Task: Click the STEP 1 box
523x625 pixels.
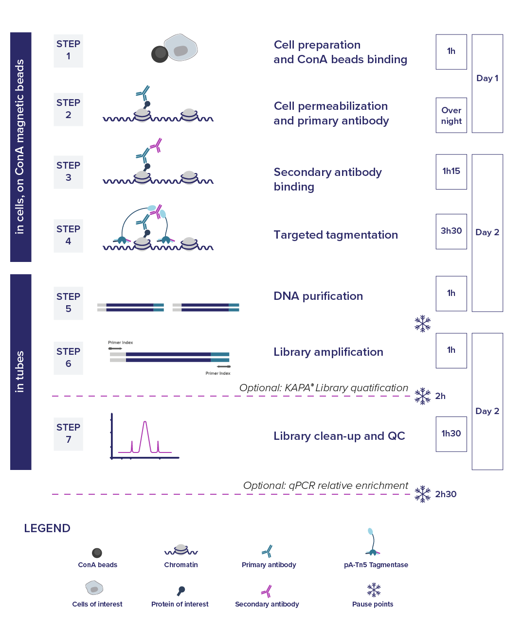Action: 68,51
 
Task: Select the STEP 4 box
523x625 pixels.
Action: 68,236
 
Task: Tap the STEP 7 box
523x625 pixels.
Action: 68,434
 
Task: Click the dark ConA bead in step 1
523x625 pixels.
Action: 160,54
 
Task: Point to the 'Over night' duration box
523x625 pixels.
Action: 451,115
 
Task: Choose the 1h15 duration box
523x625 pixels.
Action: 451,172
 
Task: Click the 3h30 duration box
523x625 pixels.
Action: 451,231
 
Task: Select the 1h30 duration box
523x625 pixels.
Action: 451,434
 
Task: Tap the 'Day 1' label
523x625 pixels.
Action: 487,78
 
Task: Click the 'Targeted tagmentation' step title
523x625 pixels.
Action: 336,235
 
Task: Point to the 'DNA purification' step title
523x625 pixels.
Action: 318,296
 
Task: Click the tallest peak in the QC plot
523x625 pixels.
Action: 145,421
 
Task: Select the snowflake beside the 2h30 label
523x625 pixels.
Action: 423,494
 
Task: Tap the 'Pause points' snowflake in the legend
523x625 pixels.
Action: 374,590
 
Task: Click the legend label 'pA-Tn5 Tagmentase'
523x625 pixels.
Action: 376,565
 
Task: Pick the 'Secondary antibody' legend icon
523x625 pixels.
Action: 267,591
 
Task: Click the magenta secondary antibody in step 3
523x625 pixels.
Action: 156,145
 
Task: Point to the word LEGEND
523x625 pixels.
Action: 47,528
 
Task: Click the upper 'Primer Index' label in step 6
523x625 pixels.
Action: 121,343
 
